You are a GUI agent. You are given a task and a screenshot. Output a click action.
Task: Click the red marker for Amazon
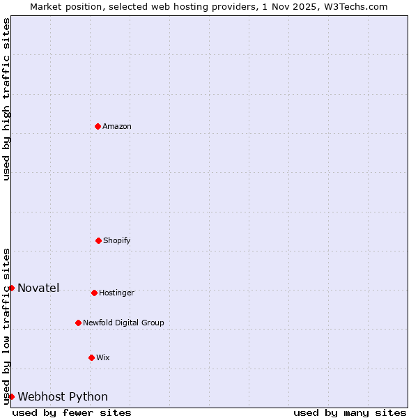(x=98, y=126)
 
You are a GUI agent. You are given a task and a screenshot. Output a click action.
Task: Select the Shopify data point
(x=98, y=240)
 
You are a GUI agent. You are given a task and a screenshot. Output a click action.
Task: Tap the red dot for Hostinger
(x=94, y=293)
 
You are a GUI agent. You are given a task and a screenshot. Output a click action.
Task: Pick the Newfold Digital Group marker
(x=78, y=323)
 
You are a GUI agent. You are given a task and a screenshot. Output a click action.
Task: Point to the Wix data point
(x=91, y=357)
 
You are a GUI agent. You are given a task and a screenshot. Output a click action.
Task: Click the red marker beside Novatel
(x=11, y=288)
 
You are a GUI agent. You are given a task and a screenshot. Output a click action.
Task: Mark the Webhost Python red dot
(x=11, y=396)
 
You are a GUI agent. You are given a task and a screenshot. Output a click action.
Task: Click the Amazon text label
(x=117, y=126)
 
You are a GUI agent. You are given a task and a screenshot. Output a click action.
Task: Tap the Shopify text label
(x=117, y=240)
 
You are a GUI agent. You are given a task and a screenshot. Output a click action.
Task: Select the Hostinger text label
(x=116, y=293)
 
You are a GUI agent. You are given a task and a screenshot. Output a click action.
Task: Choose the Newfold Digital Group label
(x=123, y=323)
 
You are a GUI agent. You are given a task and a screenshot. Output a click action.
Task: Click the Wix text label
(x=103, y=357)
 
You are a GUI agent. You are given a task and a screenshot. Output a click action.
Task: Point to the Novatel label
(x=38, y=288)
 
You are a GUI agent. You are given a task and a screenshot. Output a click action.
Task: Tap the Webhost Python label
(x=63, y=396)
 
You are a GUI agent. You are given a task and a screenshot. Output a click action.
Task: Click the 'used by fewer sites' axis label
(x=72, y=412)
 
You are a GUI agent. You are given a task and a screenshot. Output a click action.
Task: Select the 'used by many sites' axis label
(x=350, y=412)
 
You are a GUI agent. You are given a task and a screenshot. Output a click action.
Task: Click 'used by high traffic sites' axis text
(x=6, y=99)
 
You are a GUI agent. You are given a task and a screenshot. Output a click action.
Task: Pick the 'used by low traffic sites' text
(x=6, y=326)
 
